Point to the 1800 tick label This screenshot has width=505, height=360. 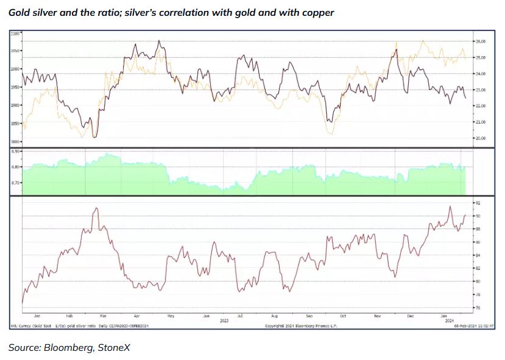pos(16,142)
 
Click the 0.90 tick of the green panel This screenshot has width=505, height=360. pos(16,150)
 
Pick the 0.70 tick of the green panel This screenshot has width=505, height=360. pos(16,183)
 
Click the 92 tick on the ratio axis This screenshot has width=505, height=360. pos(478,202)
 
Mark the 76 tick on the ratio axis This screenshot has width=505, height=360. pos(478,308)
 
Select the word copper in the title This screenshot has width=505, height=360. pos(317,12)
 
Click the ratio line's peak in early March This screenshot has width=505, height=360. pos(96,208)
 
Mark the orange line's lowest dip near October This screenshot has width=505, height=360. pos(330,133)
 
